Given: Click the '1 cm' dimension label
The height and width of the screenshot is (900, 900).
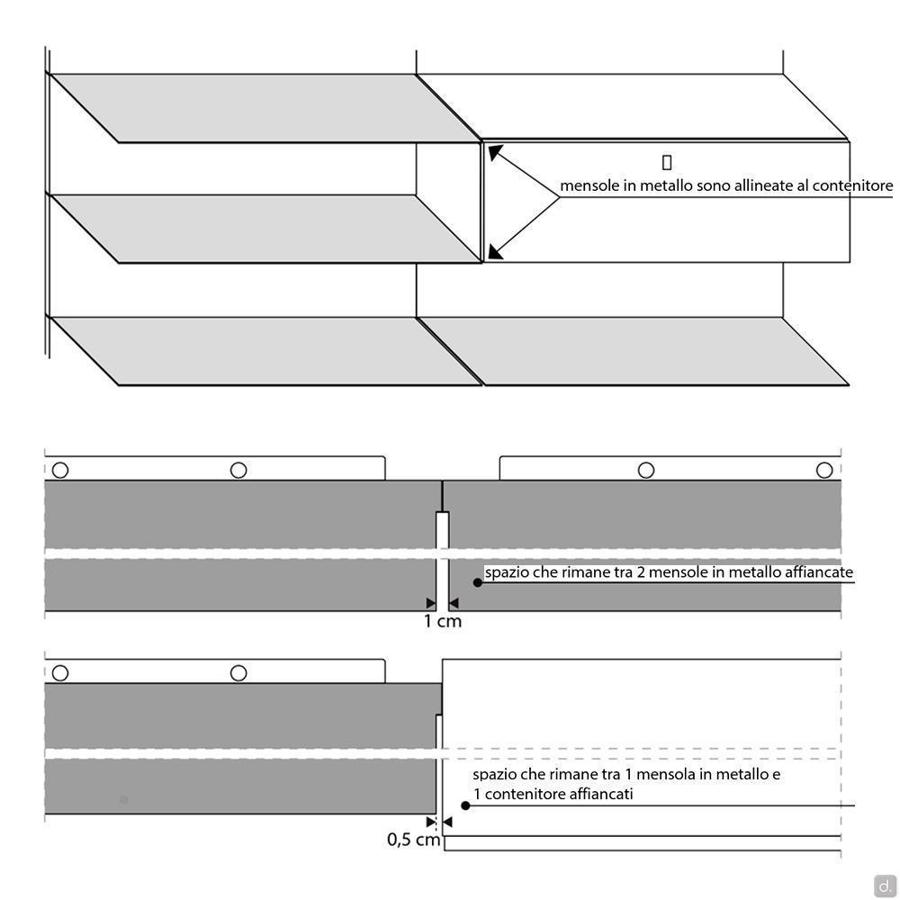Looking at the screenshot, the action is click(443, 621).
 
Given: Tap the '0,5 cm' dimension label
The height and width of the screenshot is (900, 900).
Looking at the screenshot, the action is click(413, 840).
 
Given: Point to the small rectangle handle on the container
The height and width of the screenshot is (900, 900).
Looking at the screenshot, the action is click(666, 162).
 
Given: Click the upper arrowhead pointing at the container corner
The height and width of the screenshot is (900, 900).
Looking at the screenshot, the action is click(495, 152).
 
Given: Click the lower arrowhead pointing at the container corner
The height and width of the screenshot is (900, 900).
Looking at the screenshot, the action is click(495, 251).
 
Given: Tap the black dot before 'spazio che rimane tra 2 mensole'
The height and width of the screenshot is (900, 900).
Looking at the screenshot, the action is click(478, 582).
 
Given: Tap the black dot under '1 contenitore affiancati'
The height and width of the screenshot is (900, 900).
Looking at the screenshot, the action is click(465, 805).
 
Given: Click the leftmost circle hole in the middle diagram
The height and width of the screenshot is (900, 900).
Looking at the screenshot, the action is click(60, 470).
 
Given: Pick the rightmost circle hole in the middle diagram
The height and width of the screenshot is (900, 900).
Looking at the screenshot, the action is click(824, 470).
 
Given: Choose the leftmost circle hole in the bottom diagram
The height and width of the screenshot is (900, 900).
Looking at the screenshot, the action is click(60, 672).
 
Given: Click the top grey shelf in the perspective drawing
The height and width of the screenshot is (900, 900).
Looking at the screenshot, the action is click(265, 108).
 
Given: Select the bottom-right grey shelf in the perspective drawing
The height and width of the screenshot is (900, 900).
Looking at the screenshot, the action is click(634, 351).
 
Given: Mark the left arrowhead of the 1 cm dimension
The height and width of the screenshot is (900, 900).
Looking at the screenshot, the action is click(430, 603).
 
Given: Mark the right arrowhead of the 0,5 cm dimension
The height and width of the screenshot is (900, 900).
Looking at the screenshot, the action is click(447, 822).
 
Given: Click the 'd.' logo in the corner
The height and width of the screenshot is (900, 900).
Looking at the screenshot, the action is click(885, 885).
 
